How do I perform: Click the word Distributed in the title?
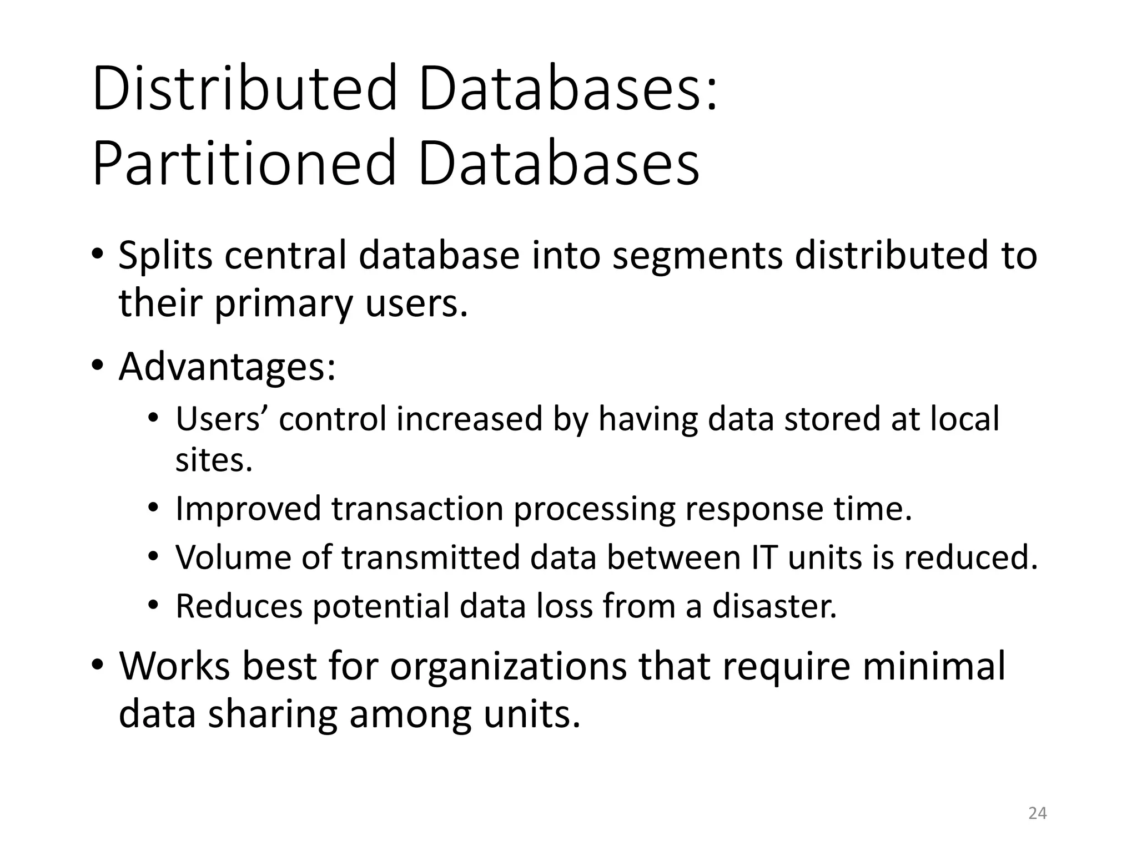point(245,89)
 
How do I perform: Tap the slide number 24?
point(1037,813)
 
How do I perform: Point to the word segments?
point(697,256)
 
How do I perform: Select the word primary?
point(284,305)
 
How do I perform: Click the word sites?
point(214,460)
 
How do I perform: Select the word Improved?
point(248,509)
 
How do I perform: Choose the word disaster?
point(774,606)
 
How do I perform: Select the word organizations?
point(508,666)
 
